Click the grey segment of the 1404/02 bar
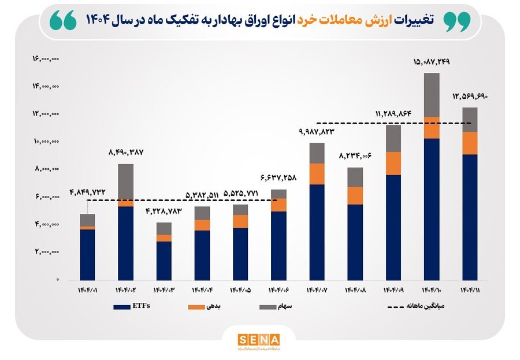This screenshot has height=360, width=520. tap(125, 183)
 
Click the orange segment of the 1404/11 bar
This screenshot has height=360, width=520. tap(469, 143)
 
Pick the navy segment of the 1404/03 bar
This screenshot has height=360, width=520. tap(164, 261)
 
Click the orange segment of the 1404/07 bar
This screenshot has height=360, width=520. tap(317, 174)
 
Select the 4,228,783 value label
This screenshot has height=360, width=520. tap(164, 211)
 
